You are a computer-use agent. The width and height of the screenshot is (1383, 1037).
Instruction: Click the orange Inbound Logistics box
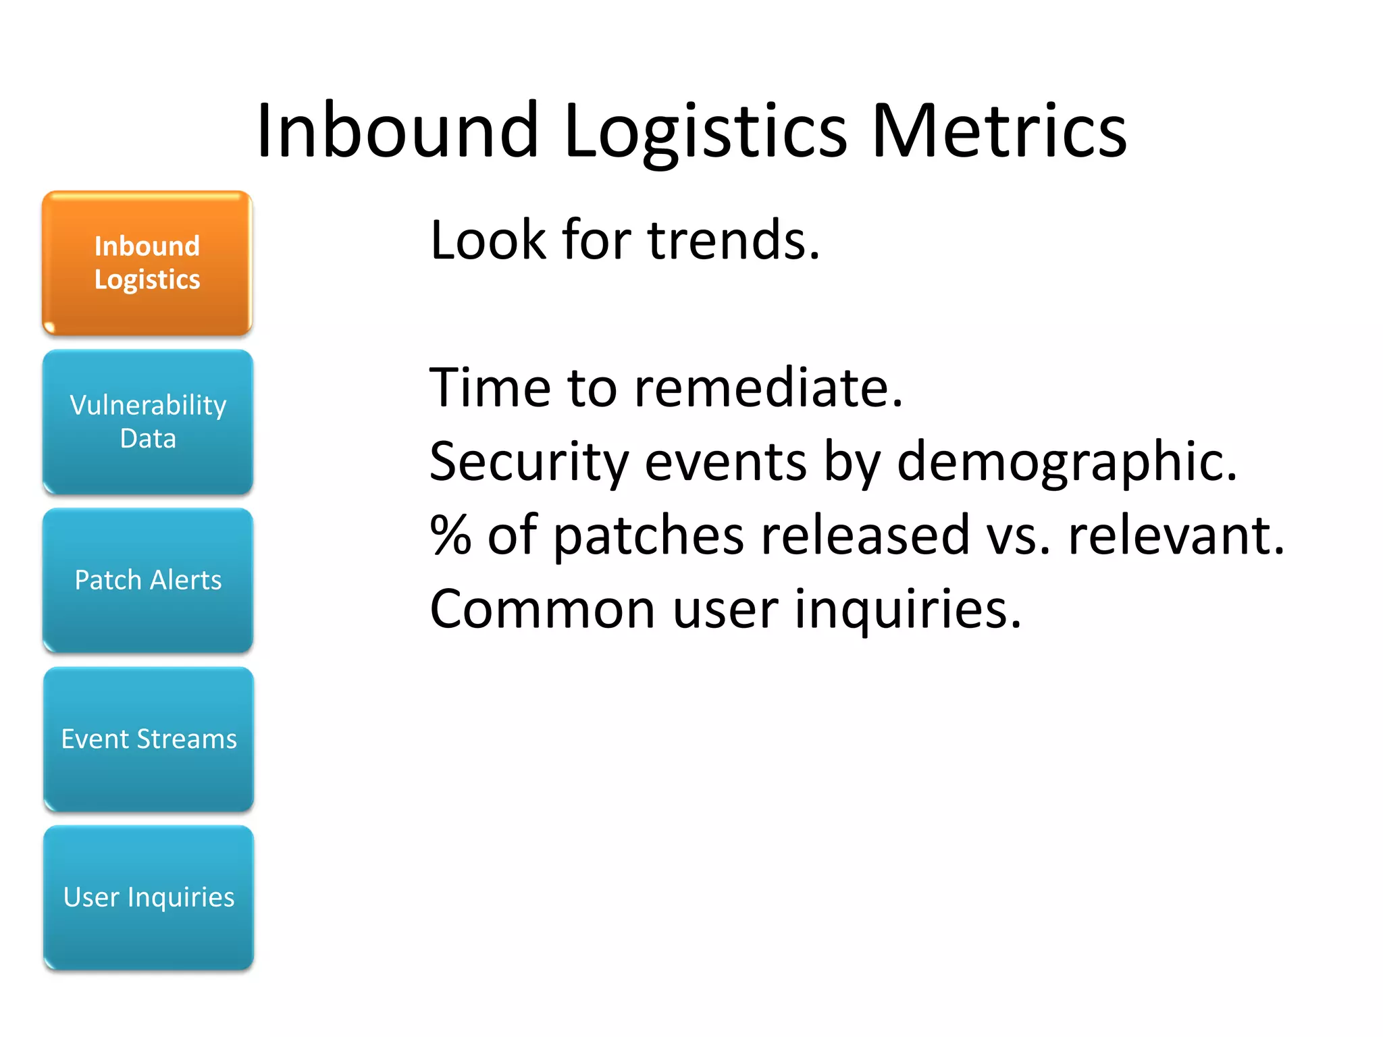147,263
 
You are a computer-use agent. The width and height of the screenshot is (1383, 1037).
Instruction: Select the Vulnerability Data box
148,422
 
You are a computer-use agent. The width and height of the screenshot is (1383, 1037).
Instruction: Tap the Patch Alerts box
148,581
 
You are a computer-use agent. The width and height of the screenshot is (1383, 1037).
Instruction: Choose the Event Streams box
149,739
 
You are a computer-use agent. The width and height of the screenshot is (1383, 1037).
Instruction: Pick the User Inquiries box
149,898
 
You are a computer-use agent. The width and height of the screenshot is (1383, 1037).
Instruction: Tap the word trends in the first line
733,240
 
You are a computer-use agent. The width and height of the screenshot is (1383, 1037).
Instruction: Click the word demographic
1067,462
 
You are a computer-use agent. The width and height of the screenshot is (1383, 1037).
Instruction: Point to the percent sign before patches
450,535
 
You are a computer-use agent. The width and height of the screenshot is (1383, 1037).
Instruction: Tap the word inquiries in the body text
908,609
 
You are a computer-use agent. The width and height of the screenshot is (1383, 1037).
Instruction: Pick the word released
865,535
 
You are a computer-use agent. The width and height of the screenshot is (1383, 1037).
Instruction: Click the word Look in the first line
488,240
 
